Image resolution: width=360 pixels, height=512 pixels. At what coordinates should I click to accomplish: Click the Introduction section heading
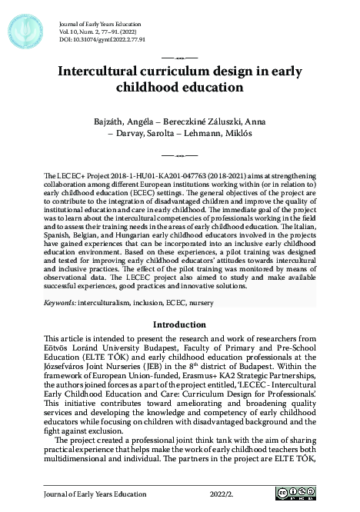coord(179,324)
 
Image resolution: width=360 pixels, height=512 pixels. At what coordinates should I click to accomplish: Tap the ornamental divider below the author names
coord(180,155)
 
